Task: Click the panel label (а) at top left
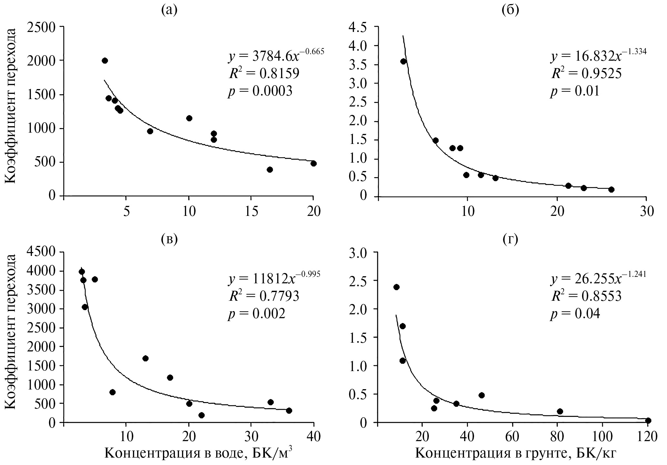(169, 11)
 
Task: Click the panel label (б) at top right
(511, 11)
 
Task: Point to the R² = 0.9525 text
(586, 74)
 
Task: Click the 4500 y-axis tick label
(43, 252)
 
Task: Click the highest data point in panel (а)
(105, 61)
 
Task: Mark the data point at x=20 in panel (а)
(313, 164)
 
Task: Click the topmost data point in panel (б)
(403, 61)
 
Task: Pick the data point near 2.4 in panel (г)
(396, 287)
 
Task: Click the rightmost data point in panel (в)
(289, 410)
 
